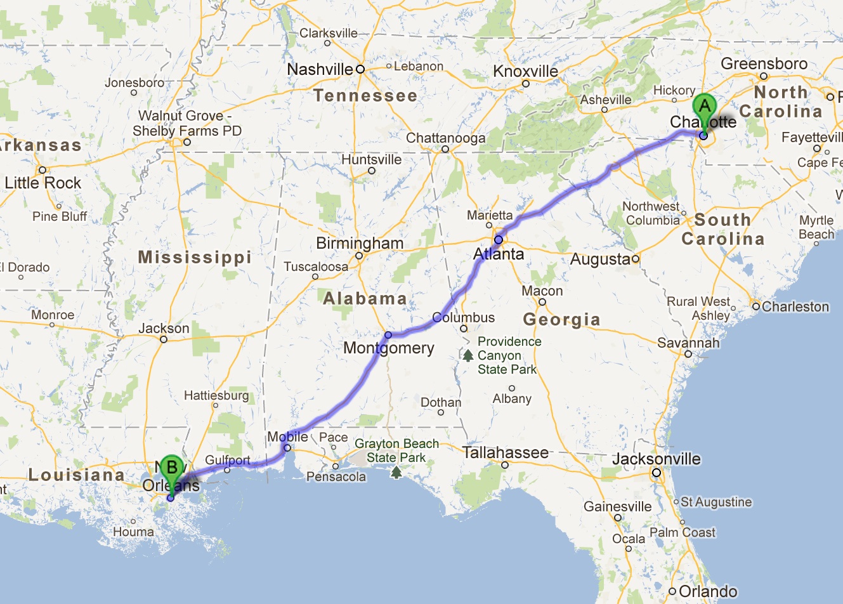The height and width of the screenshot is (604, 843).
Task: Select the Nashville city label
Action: (x=320, y=69)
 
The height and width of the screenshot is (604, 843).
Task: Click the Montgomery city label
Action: (x=389, y=348)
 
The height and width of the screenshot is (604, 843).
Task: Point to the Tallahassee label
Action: (x=505, y=452)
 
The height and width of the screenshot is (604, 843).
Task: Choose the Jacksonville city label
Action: (x=657, y=459)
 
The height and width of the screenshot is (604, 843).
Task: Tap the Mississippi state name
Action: (x=195, y=257)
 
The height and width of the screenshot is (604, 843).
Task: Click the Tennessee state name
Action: (x=365, y=96)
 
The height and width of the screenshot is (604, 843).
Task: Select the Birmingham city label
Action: (x=360, y=243)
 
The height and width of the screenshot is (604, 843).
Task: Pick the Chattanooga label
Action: (x=445, y=138)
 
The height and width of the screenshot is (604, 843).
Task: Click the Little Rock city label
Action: (x=43, y=183)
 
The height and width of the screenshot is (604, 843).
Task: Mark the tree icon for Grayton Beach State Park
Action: (x=396, y=471)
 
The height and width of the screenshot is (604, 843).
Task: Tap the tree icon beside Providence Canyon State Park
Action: (x=468, y=355)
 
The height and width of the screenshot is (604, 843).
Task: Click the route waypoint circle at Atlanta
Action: (x=499, y=240)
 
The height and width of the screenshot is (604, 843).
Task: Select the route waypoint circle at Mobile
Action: (x=287, y=448)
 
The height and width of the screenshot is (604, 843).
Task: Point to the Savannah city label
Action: (x=688, y=343)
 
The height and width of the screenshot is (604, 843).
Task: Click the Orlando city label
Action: (x=708, y=591)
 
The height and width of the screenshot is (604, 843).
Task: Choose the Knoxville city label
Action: (x=526, y=72)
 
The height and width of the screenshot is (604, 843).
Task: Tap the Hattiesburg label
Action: (x=216, y=395)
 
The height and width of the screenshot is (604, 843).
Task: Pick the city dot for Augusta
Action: (x=635, y=259)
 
